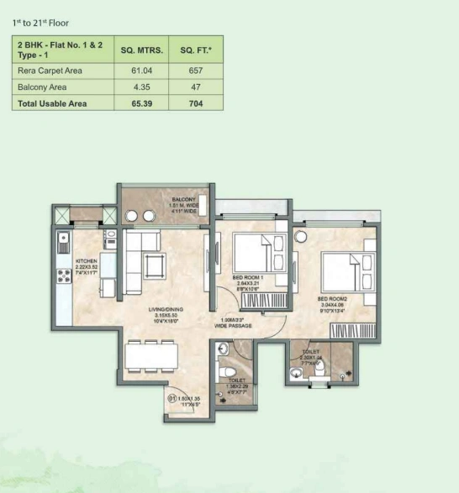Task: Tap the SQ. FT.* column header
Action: coord(196,50)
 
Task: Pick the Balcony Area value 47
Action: coord(196,87)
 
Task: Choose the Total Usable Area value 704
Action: coord(196,103)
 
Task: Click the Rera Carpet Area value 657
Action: coord(196,71)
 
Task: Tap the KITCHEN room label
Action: coord(87,261)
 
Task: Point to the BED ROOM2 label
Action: coord(334,299)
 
